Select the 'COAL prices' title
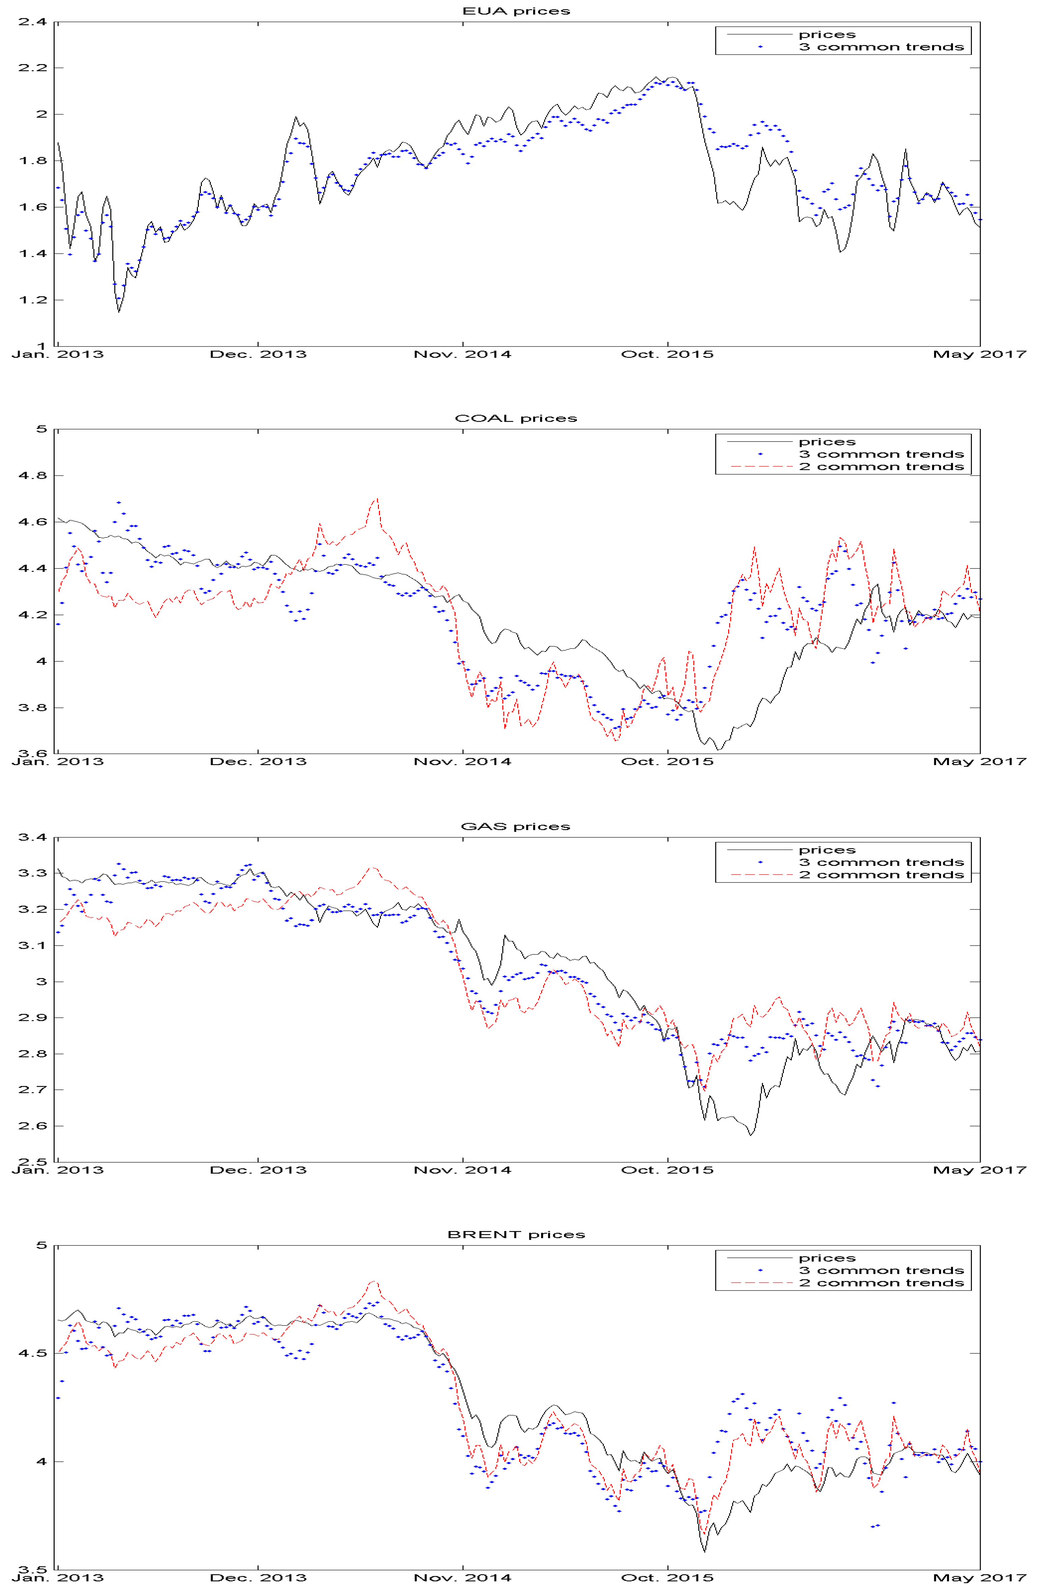[516, 418]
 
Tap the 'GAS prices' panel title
[516, 827]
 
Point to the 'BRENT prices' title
[516, 1234]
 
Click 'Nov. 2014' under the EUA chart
[462, 354]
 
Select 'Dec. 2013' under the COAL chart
[258, 762]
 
